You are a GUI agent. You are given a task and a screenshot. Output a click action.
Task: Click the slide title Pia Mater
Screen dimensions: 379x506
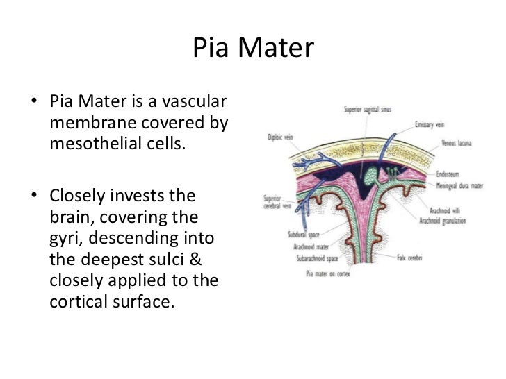(253, 49)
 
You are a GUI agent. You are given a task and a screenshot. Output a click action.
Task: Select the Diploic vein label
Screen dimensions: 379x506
(280, 137)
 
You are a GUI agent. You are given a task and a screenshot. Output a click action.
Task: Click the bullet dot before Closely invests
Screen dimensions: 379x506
(33, 195)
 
